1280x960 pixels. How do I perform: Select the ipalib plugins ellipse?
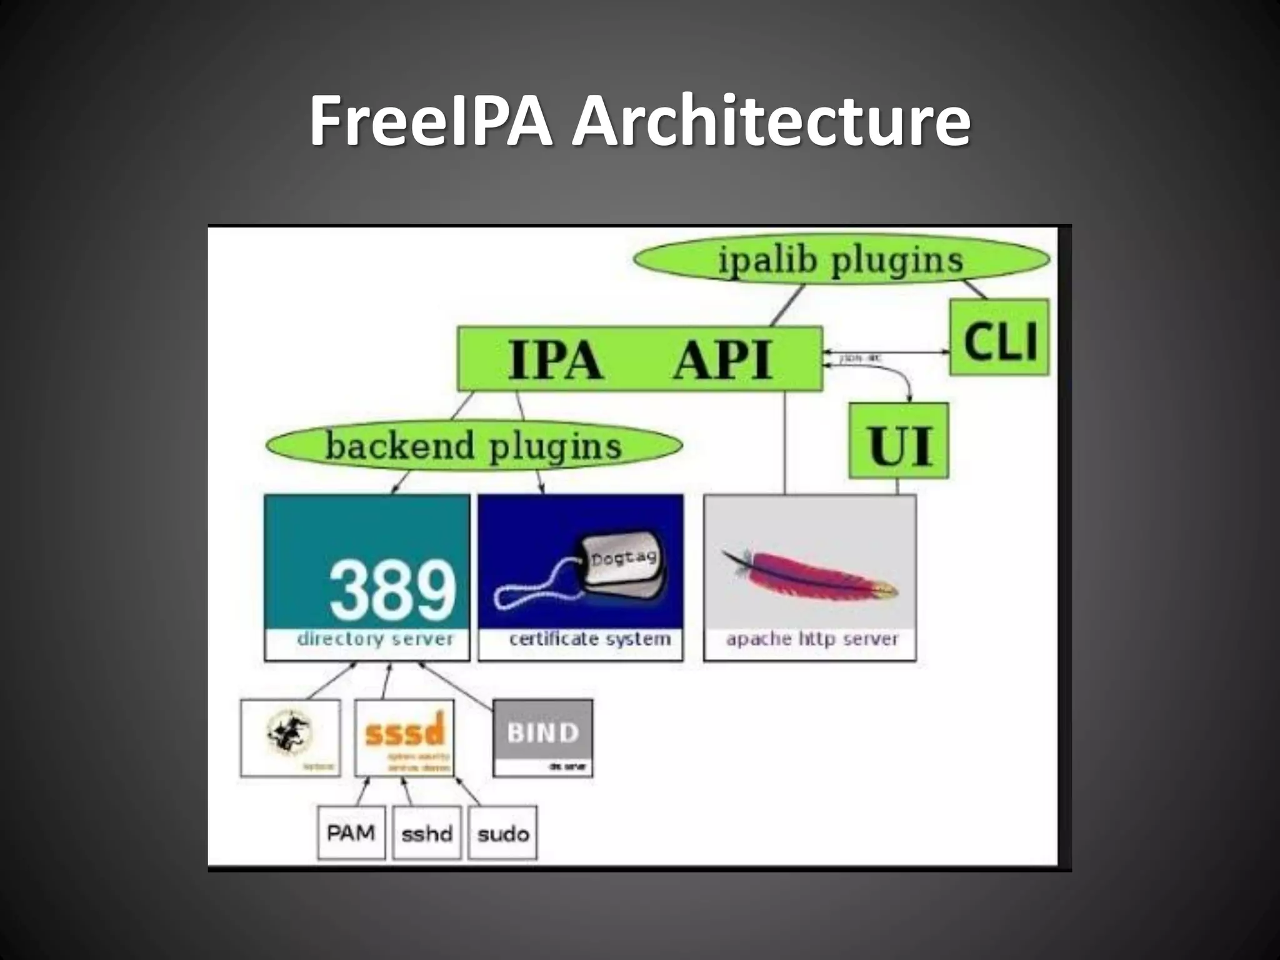tap(841, 260)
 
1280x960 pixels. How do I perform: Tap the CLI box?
tap(999, 338)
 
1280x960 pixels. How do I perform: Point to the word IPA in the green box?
tap(555, 359)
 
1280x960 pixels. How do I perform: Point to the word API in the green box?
tap(723, 359)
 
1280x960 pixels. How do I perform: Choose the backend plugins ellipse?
tap(473, 446)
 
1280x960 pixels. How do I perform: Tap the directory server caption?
tap(374, 639)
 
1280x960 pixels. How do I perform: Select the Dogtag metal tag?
tap(622, 559)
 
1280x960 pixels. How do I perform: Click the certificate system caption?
tap(589, 639)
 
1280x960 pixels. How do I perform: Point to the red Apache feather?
tap(812, 575)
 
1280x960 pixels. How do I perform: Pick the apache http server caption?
tap(811, 639)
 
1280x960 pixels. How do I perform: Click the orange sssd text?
tap(404, 731)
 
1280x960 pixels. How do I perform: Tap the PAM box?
tap(351, 833)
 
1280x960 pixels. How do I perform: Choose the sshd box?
tap(427, 834)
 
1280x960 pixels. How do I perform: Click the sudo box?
tap(502, 834)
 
